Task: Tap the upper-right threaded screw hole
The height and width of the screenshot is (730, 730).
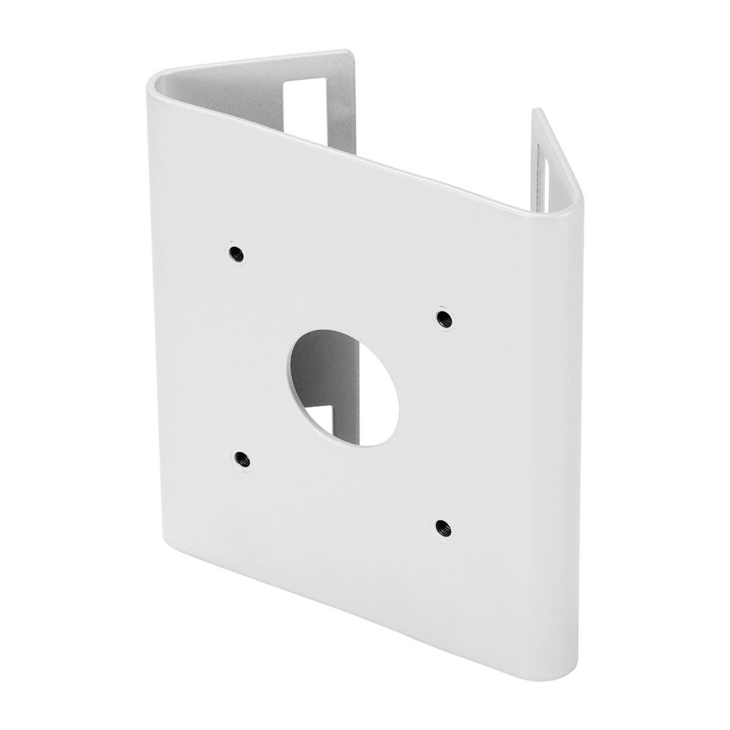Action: coord(444,318)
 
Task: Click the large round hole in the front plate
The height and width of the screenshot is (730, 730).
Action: coord(344,388)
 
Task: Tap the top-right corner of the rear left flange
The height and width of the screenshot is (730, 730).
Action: coord(347,52)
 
